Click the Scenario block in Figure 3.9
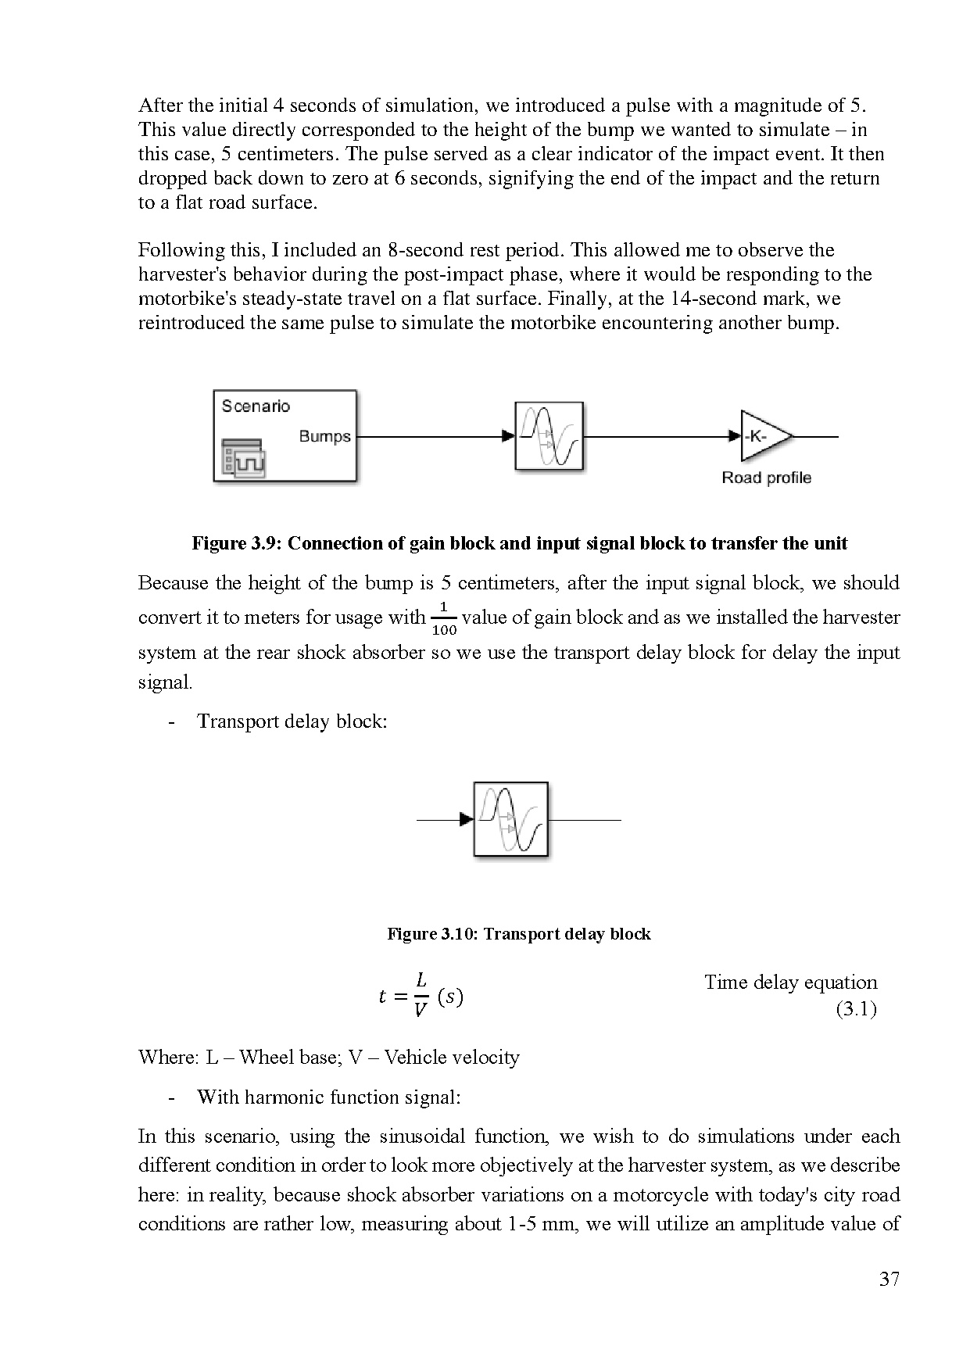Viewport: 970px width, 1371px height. click(x=285, y=435)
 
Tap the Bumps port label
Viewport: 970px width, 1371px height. click(x=324, y=436)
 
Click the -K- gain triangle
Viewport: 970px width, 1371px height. click(x=762, y=436)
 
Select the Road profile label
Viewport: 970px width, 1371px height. click(x=766, y=478)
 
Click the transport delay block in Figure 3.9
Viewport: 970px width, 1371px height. click(x=549, y=436)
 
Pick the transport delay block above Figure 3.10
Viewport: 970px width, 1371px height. click(x=510, y=819)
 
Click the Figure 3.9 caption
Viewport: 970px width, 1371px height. click(x=519, y=543)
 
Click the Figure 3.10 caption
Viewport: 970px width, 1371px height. click(x=519, y=933)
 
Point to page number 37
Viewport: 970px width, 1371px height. click(x=889, y=1280)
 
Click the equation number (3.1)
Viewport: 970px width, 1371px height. click(x=856, y=1009)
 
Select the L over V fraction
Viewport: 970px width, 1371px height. click(x=421, y=995)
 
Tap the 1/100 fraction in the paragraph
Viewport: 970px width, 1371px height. click(x=443, y=618)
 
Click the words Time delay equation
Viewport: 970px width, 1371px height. click(x=790, y=983)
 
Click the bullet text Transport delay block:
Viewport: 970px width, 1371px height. click(x=292, y=721)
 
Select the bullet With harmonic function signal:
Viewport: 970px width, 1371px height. click(x=328, y=1097)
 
